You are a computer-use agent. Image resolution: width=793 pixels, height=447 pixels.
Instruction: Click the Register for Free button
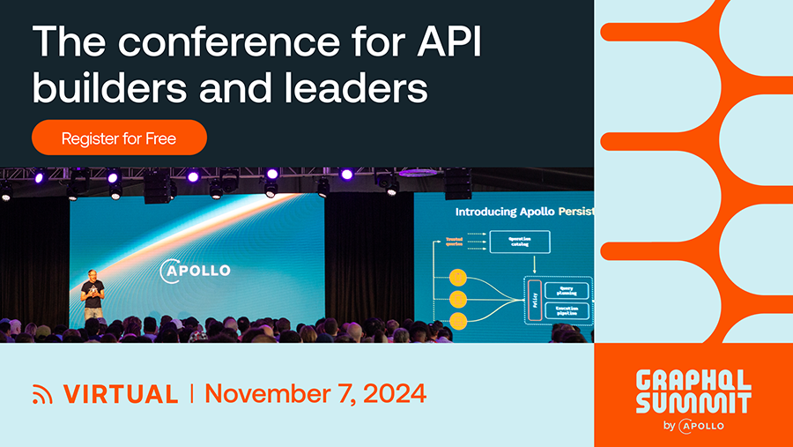(x=119, y=138)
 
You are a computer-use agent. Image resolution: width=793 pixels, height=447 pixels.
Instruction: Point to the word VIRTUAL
(x=121, y=393)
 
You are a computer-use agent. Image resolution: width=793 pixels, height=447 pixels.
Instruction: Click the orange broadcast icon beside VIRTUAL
(x=42, y=394)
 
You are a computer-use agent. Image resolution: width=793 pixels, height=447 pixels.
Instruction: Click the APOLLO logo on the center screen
(x=196, y=270)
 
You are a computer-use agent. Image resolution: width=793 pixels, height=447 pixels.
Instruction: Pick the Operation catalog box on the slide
(x=518, y=241)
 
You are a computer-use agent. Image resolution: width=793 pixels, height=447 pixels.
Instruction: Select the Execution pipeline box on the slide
(x=567, y=312)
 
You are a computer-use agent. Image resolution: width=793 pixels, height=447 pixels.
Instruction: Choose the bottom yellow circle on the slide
(x=458, y=320)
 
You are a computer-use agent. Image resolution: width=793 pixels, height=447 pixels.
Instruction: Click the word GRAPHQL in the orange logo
(x=693, y=381)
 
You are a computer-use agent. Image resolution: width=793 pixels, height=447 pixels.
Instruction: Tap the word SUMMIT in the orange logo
(x=693, y=403)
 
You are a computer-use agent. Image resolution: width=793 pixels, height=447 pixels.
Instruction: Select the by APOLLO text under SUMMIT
(x=693, y=426)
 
